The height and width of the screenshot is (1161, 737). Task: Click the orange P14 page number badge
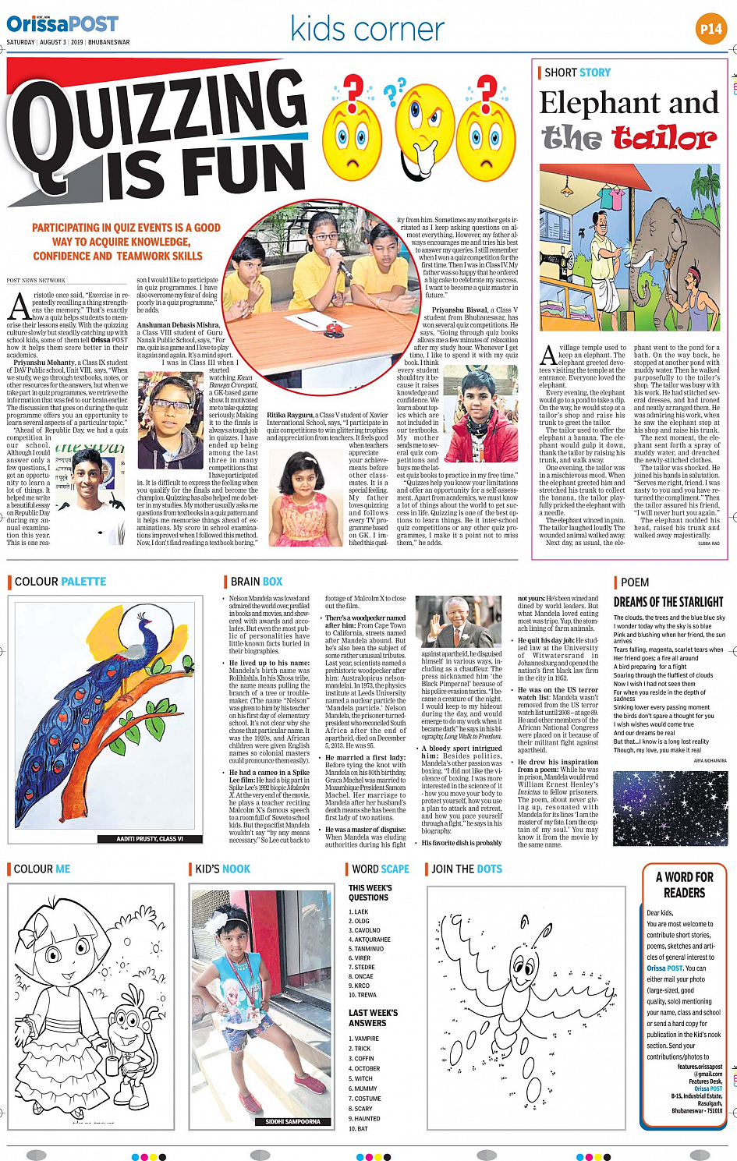(710, 30)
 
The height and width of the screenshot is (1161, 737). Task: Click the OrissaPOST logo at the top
(62, 24)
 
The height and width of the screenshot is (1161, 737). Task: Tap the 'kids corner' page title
(367, 30)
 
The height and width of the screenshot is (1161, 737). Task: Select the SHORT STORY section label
(577, 73)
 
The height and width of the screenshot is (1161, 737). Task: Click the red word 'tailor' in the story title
(664, 138)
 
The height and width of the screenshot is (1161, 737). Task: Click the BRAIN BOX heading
(257, 582)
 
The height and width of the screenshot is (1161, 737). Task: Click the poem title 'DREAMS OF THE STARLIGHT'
(668, 602)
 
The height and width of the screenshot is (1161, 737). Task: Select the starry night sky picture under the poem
(669, 809)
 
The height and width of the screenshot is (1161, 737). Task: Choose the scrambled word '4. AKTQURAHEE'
(370, 940)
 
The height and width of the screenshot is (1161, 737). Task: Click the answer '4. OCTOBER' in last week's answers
(364, 1069)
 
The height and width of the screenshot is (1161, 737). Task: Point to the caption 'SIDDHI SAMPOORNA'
(292, 1122)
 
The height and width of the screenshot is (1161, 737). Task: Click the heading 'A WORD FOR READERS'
(684, 885)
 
